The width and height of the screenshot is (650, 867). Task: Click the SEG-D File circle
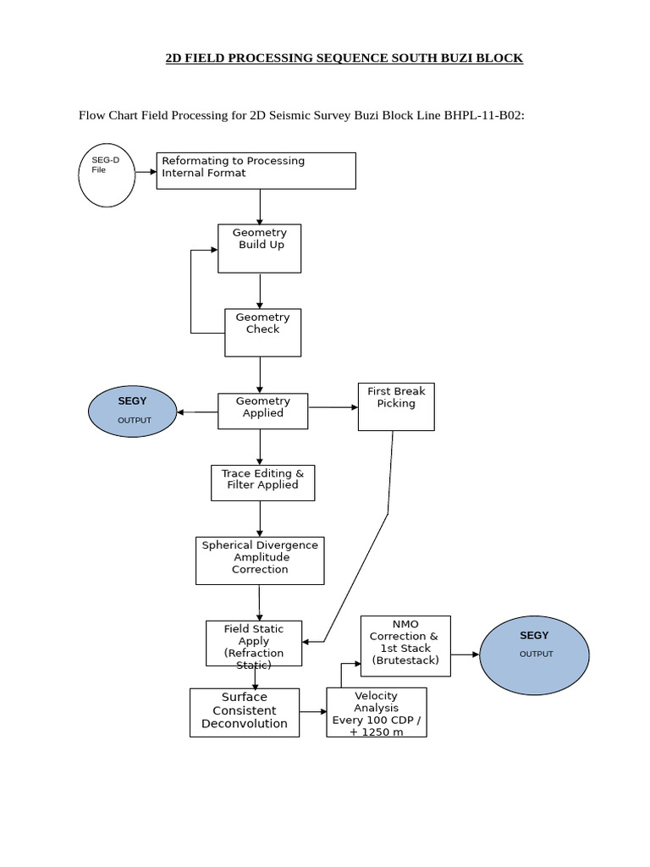107,175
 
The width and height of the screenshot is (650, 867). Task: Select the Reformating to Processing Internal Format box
256,170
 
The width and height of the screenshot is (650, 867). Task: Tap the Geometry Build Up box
259,248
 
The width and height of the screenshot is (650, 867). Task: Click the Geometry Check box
262,332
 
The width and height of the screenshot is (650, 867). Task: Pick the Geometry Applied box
262,411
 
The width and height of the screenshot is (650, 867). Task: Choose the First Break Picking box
396,406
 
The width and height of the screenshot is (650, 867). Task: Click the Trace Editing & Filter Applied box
262,483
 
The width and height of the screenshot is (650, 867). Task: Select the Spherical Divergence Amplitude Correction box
260,561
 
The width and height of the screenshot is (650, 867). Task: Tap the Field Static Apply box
254,643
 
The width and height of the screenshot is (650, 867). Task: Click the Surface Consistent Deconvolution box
245,712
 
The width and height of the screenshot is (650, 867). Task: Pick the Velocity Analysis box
377,712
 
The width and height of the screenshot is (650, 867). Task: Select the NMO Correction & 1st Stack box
405,646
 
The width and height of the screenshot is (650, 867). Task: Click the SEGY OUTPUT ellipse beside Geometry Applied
132,411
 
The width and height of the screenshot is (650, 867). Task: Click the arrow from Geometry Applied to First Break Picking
333,407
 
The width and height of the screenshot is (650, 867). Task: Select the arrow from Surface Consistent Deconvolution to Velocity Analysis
312,712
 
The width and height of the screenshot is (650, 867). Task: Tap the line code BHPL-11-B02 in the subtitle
483,115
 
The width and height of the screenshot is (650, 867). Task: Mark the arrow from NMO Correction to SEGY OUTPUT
465,654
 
